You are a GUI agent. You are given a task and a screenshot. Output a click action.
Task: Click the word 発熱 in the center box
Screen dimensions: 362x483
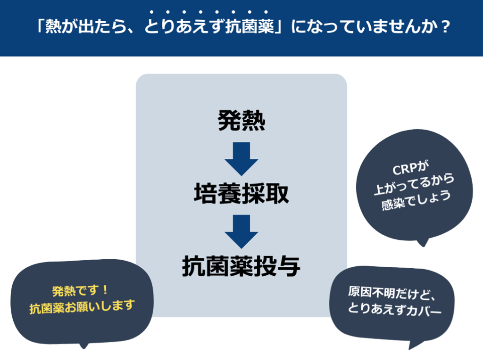coord(241,121)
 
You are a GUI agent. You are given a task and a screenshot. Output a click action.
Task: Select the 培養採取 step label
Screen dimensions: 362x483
coord(241,193)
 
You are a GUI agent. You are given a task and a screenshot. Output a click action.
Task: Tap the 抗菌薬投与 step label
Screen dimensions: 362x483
coord(241,265)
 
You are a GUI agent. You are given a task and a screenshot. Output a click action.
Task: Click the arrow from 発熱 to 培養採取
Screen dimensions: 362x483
coord(241,158)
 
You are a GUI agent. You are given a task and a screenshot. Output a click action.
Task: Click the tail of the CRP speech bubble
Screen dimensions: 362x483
coord(423,242)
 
